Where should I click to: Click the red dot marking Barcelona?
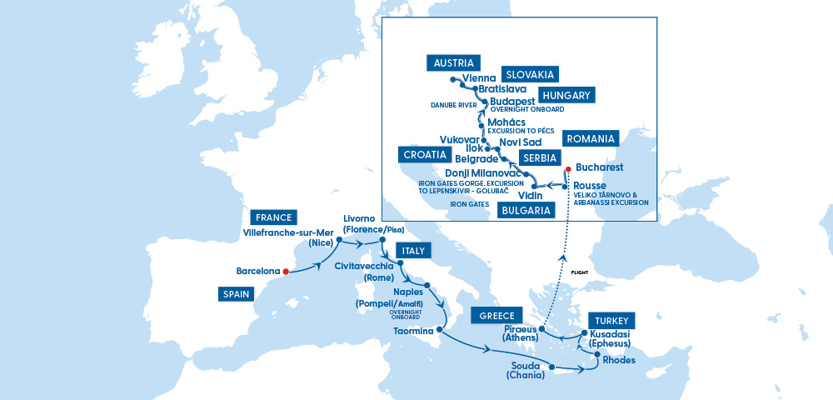(x=286, y=271)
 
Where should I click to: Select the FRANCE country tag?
(x=275, y=217)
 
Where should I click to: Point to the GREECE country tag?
(x=496, y=316)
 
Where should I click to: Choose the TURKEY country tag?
(x=612, y=321)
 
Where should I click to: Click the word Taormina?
(x=414, y=332)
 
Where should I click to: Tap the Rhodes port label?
(x=619, y=361)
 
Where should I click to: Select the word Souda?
(x=526, y=365)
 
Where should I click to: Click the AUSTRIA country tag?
(x=453, y=63)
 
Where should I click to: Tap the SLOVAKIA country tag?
(x=529, y=74)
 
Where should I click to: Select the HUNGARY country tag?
(x=566, y=95)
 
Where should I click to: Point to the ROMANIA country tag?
(x=590, y=138)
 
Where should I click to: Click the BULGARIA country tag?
(x=526, y=211)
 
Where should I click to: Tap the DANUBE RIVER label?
(x=453, y=106)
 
